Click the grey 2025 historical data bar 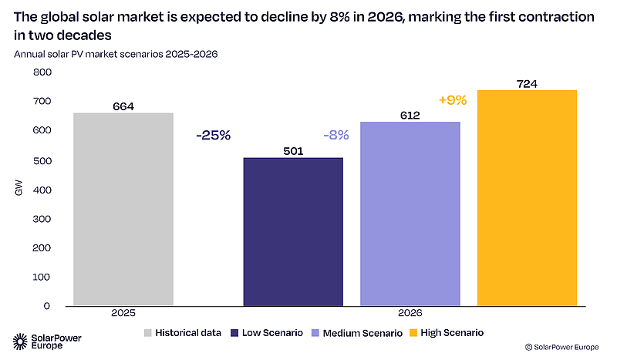[x=123, y=209]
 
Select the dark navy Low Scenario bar [x=293, y=232]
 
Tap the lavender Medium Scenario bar [x=410, y=214]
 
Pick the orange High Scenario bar [x=528, y=198]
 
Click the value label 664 [x=123, y=106]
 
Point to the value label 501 [x=293, y=151]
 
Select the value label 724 [x=527, y=84]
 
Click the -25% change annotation [x=214, y=136]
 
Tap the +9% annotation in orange [x=453, y=100]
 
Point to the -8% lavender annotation [x=336, y=136]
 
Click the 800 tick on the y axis [x=42, y=72]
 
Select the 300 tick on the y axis [x=42, y=219]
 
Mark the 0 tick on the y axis [x=47, y=306]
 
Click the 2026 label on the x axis [x=410, y=313]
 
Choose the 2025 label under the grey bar [x=123, y=313]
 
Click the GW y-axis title [x=19, y=187]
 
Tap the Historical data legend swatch [x=147, y=333]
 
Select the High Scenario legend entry [x=447, y=333]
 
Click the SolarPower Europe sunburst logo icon [x=20, y=341]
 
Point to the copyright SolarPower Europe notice [x=562, y=347]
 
